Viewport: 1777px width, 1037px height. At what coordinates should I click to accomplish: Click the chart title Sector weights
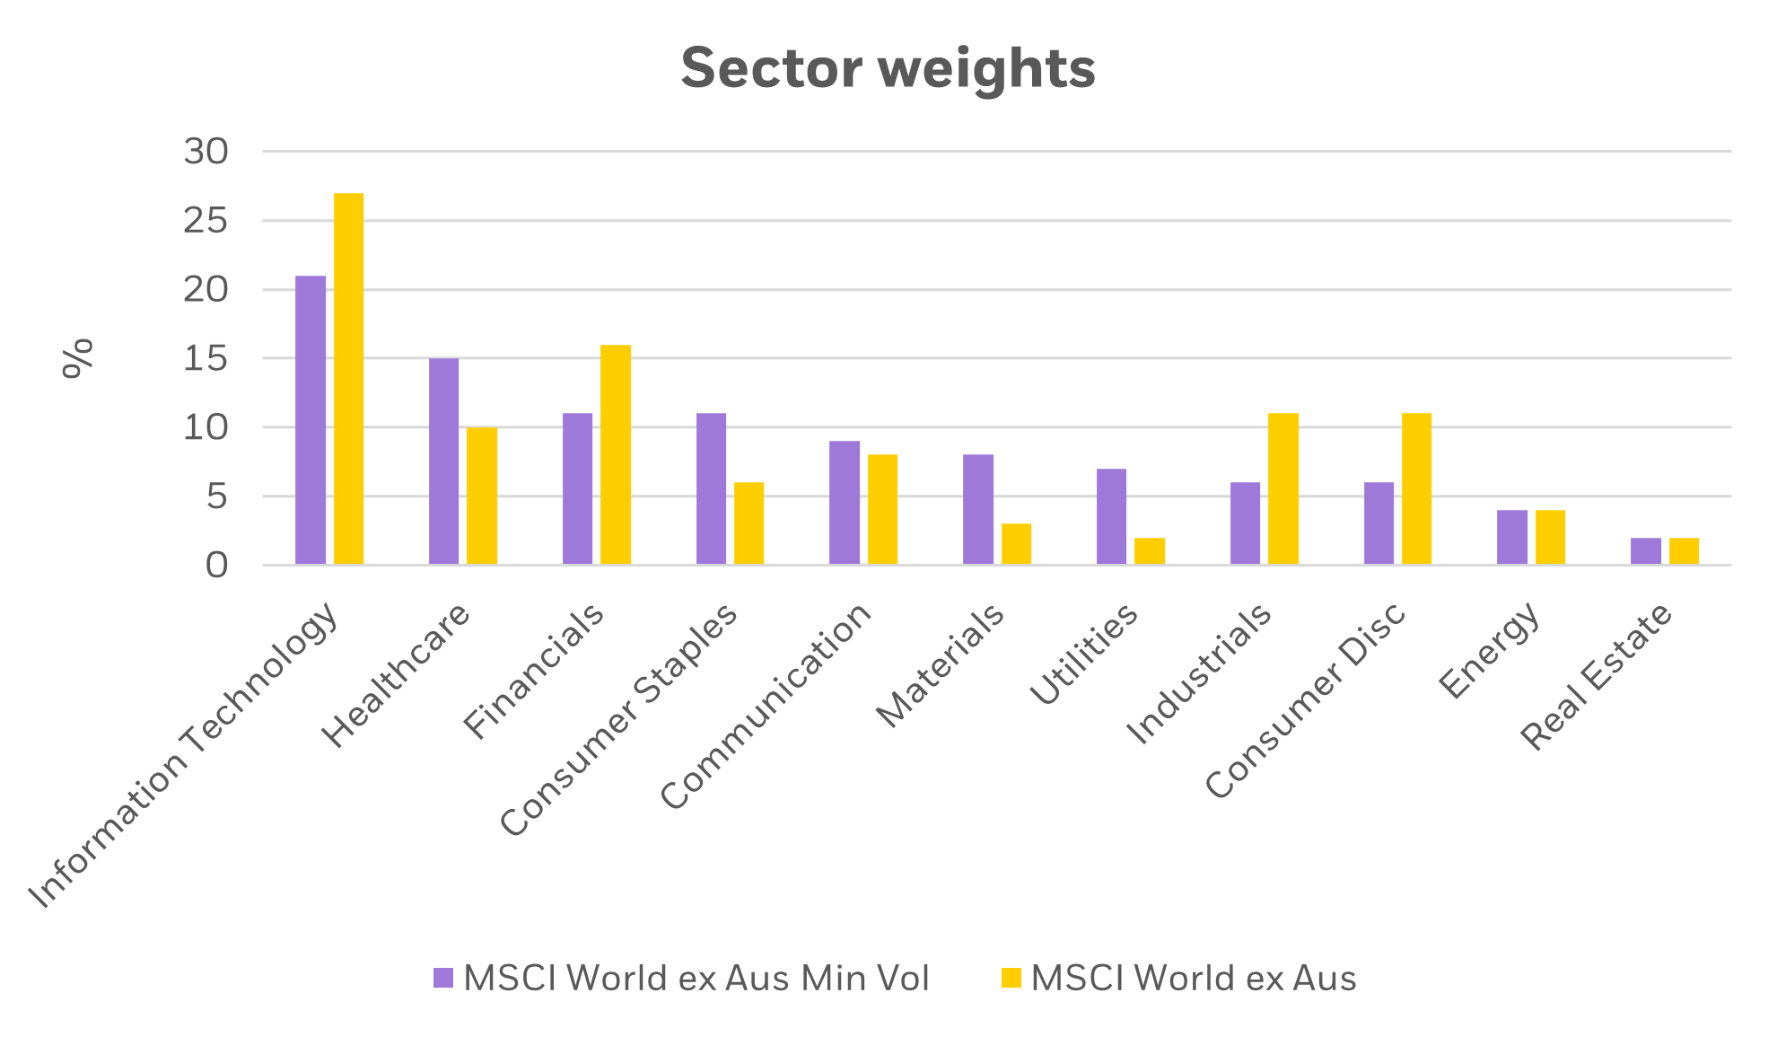(x=888, y=68)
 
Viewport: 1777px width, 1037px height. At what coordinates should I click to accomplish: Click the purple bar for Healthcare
(x=444, y=461)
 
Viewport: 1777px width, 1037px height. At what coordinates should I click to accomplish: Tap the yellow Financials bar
(x=616, y=454)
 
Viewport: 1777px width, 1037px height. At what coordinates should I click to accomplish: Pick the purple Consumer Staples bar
(x=712, y=489)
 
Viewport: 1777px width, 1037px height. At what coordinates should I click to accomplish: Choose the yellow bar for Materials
(x=1017, y=544)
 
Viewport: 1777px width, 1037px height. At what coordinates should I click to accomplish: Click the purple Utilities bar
(x=1112, y=517)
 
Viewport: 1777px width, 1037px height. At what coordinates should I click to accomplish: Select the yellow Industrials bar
(x=1283, y=489)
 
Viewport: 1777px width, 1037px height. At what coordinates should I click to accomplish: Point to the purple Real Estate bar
(x=1646, y=551)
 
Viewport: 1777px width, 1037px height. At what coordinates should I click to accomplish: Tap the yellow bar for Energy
(x=1551, y=538)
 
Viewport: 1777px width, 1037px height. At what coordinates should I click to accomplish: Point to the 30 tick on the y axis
(x=206, y=152)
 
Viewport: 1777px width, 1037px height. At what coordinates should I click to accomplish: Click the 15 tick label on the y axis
(x=206, y=359)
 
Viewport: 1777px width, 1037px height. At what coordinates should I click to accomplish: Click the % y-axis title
(x=78, y=358)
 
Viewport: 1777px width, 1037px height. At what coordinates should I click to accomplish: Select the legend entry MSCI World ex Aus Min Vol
(x=696, y=978)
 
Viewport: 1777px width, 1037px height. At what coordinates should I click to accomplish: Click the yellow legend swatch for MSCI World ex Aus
(x=1011, y=978)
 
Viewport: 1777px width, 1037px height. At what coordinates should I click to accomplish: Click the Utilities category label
(x=1083, y=655)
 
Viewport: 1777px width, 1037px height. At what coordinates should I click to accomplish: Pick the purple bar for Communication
(x=845, y=503)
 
